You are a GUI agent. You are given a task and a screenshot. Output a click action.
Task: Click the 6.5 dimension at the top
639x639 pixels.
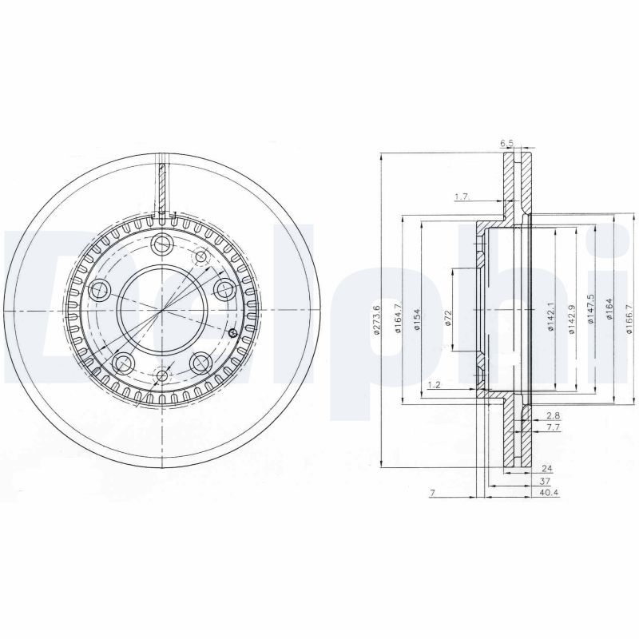(x=506, y=144)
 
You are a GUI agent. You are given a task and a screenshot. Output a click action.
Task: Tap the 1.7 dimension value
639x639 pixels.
(x=461, y=196)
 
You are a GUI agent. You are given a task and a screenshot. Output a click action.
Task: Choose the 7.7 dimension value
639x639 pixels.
(x=552, y=429)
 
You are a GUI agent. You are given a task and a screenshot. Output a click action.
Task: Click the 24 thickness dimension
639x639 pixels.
(x=547, y=469)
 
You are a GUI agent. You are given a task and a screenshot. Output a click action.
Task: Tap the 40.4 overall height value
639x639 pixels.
(x=550, y=493)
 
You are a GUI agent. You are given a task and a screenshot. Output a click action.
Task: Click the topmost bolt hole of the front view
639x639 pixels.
(x=163, y=244)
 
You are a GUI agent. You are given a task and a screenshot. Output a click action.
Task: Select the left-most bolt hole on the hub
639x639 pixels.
(x=101, y=291)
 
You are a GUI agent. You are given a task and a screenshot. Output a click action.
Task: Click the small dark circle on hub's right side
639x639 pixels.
(x=232, y=333)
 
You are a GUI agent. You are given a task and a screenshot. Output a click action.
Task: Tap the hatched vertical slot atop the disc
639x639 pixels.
(x=162, y=188)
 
